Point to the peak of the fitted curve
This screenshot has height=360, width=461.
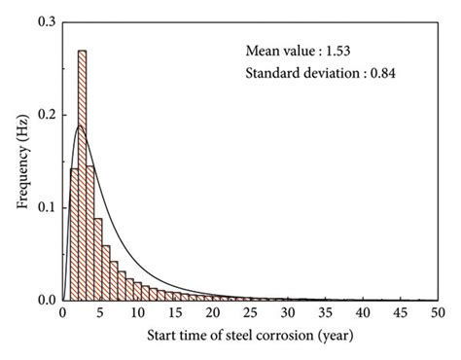click(80, 126)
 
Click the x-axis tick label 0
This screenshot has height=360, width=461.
click(62, 314)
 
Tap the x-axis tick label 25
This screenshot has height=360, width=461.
click(250, 314)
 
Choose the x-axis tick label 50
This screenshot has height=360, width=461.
click(438, 314)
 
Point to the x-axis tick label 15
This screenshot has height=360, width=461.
click(175, 314)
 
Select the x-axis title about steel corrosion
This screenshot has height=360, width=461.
click(250, 338)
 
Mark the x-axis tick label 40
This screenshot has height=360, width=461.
click(363, 314)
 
